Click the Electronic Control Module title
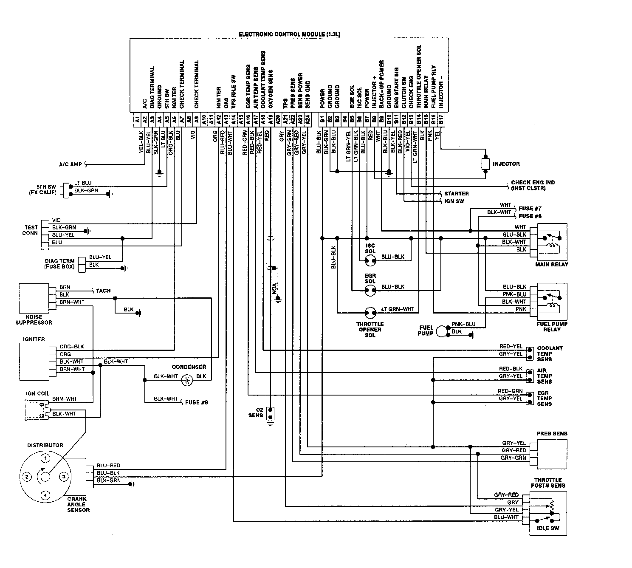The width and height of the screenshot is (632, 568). [x=289, y=34]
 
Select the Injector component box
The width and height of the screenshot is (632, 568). [x=485, y=164]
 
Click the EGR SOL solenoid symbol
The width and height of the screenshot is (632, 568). [x=370, y=290]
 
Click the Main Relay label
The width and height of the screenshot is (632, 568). [x=552, y=264]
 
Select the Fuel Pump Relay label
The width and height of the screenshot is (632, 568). [x=552, y=327]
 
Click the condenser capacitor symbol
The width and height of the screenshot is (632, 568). [x=186, y=380]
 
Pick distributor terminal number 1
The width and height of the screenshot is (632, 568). [x=45, y=458]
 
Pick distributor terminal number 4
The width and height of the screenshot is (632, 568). [x=45, y=495]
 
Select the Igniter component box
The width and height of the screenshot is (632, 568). [x=34, y=361]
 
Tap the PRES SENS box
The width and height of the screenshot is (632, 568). [x=552, y=454]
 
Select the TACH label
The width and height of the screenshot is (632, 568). [x=103, y=291]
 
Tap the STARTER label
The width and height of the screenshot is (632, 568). [x=456, y=194]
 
